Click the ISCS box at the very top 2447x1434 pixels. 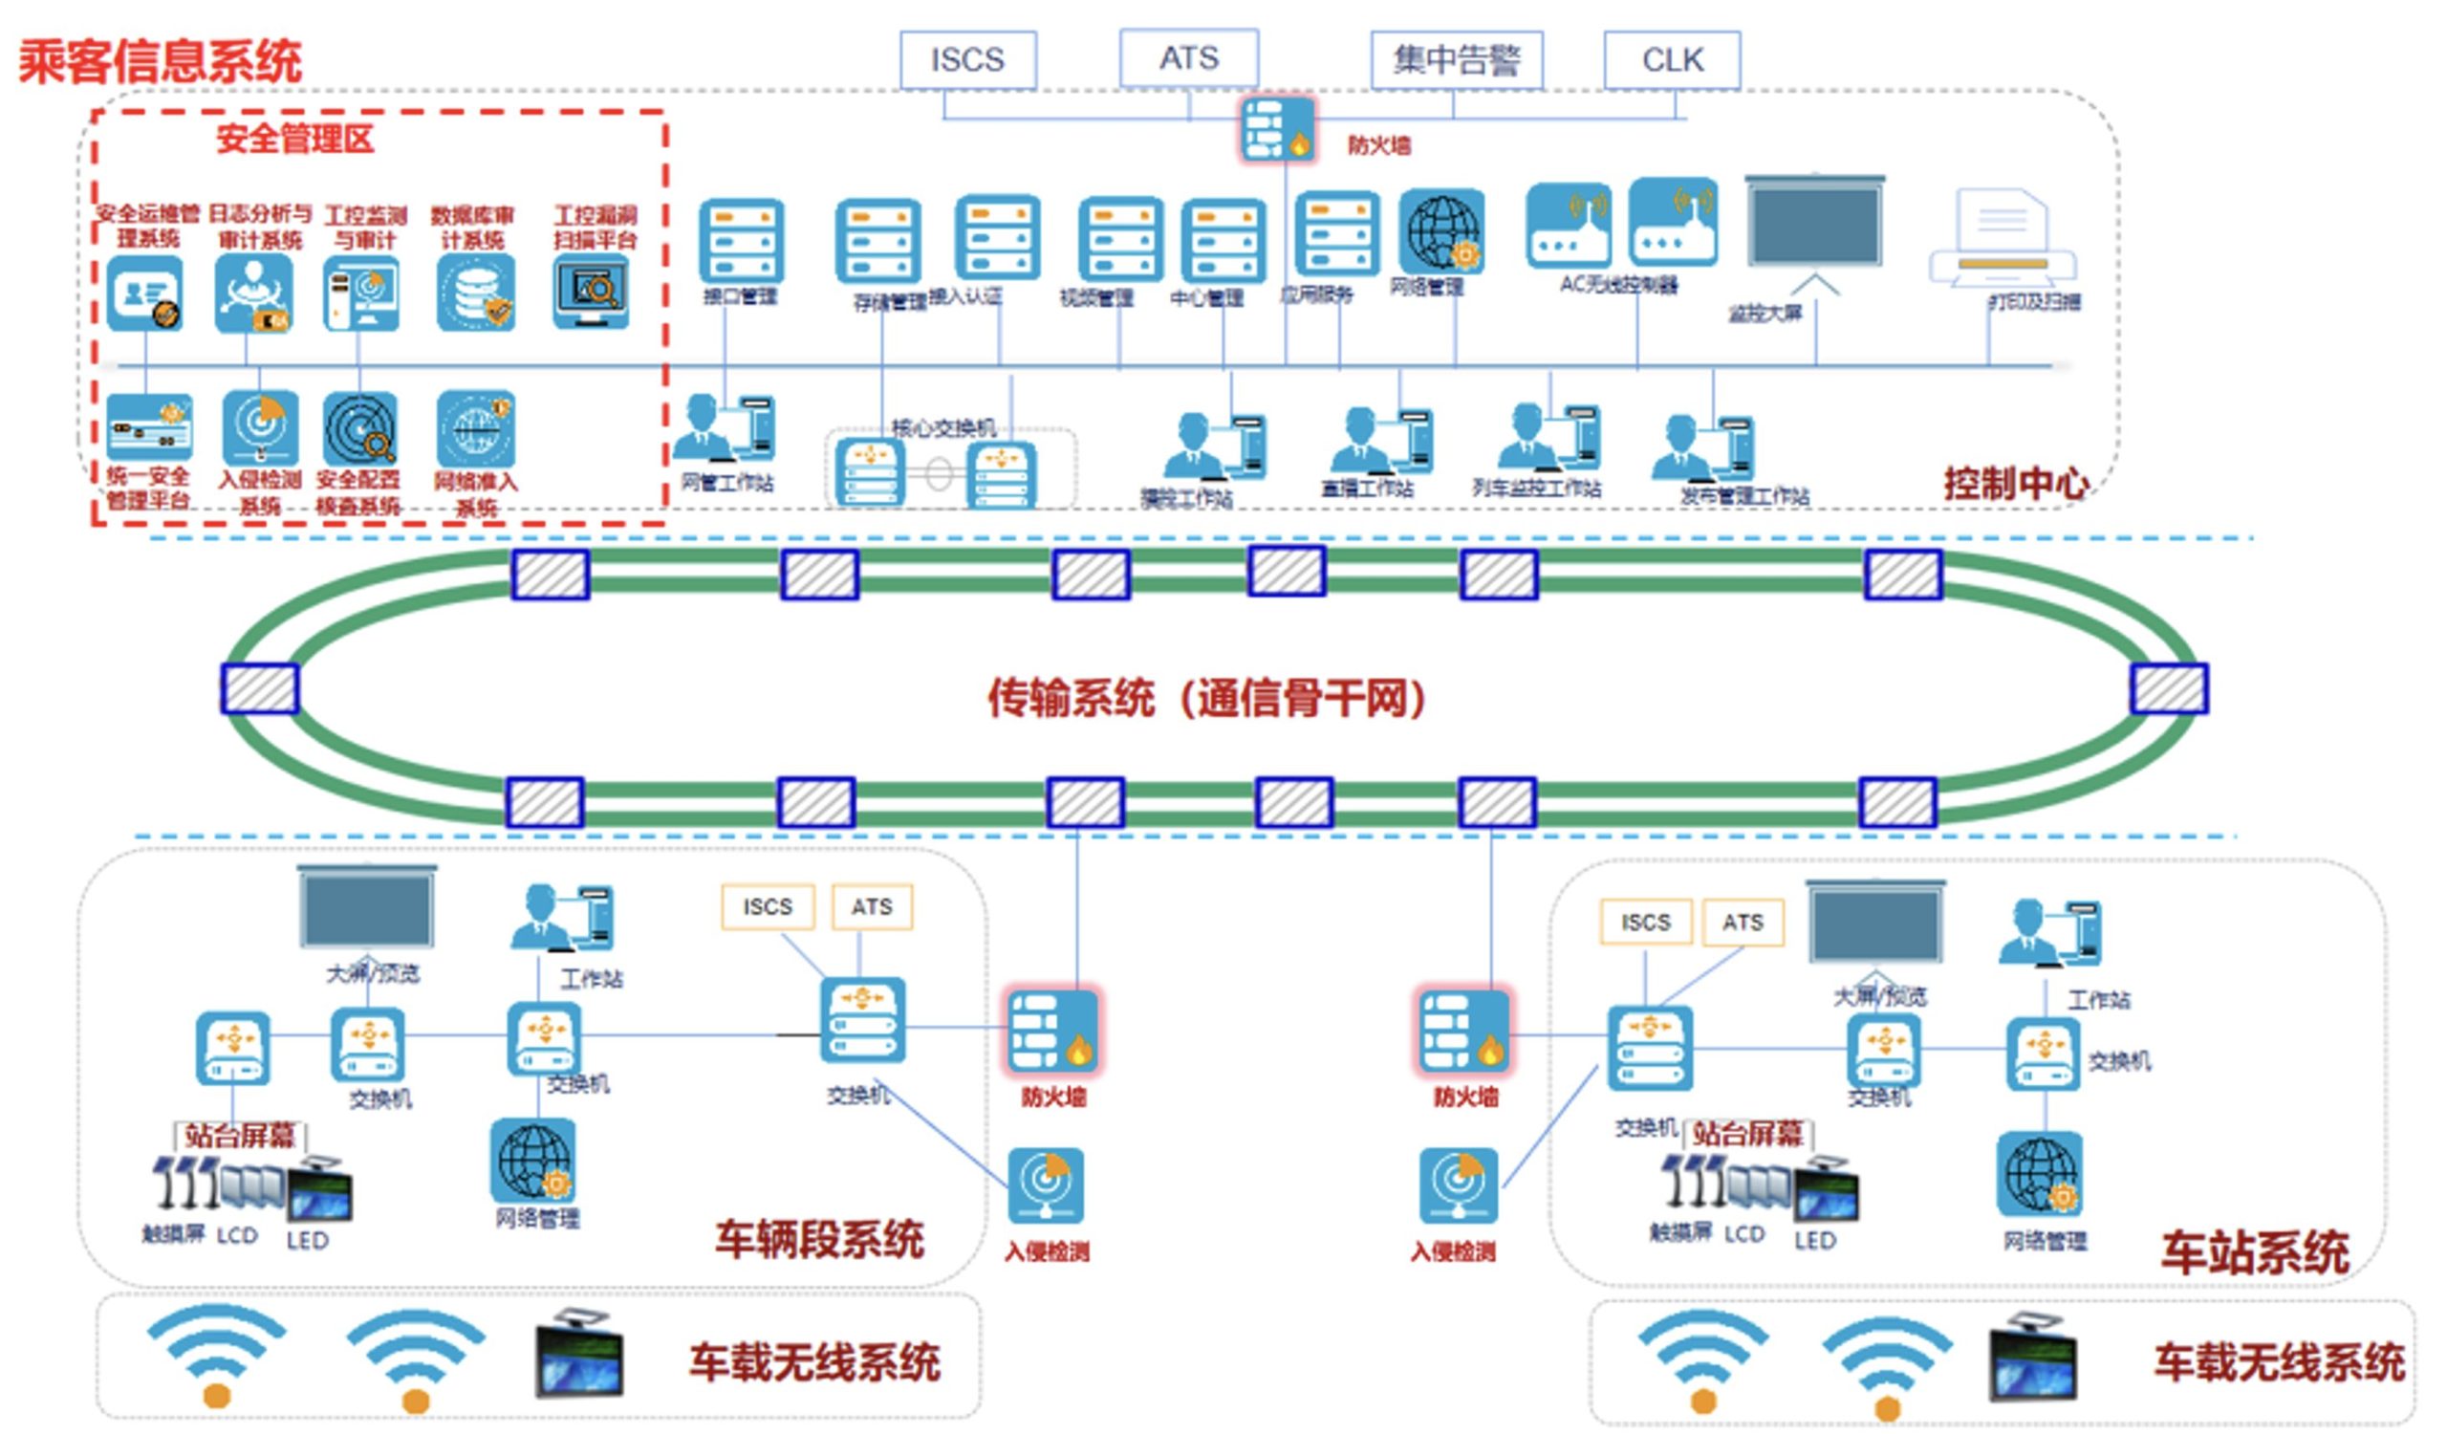pyautogui.click(x=967, y=60)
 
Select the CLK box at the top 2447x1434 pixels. pyautogui.click(x=1671, y=60)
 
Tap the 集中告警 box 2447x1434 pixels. pyautogui.click(x=1456, y=60)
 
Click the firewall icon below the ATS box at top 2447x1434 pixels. pyautogui.click(x=1278, y=129)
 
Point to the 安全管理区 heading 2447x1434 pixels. pyautogui.click(x=294, y=139)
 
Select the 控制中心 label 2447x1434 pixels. pyautogui.click(x=2015, y=484)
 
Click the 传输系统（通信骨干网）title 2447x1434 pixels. pyautogui.click(x=1206, y=698)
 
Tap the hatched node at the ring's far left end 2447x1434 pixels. pyautogui.click(x=259, y=688)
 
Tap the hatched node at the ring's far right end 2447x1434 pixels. pyautogui.click(x=2168, y=688)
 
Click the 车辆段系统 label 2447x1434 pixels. pyautogui.click(x=819, y=1240)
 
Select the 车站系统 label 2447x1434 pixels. pyautogui.click(x=2255, y=1252)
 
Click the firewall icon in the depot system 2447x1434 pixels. pyautogui.click(x=1052, y=1032)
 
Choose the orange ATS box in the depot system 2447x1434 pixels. pyautogui.click(x=872, y=907)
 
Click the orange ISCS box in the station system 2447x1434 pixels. pyautogui.click(x=1645, y=923)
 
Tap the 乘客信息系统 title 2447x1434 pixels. pyautogui.click(x=161, y=62)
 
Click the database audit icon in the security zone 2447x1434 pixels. pyautogui.click(x=475, y=293)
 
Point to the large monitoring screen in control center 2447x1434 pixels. pyautogui.click(x=1814, y=224)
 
